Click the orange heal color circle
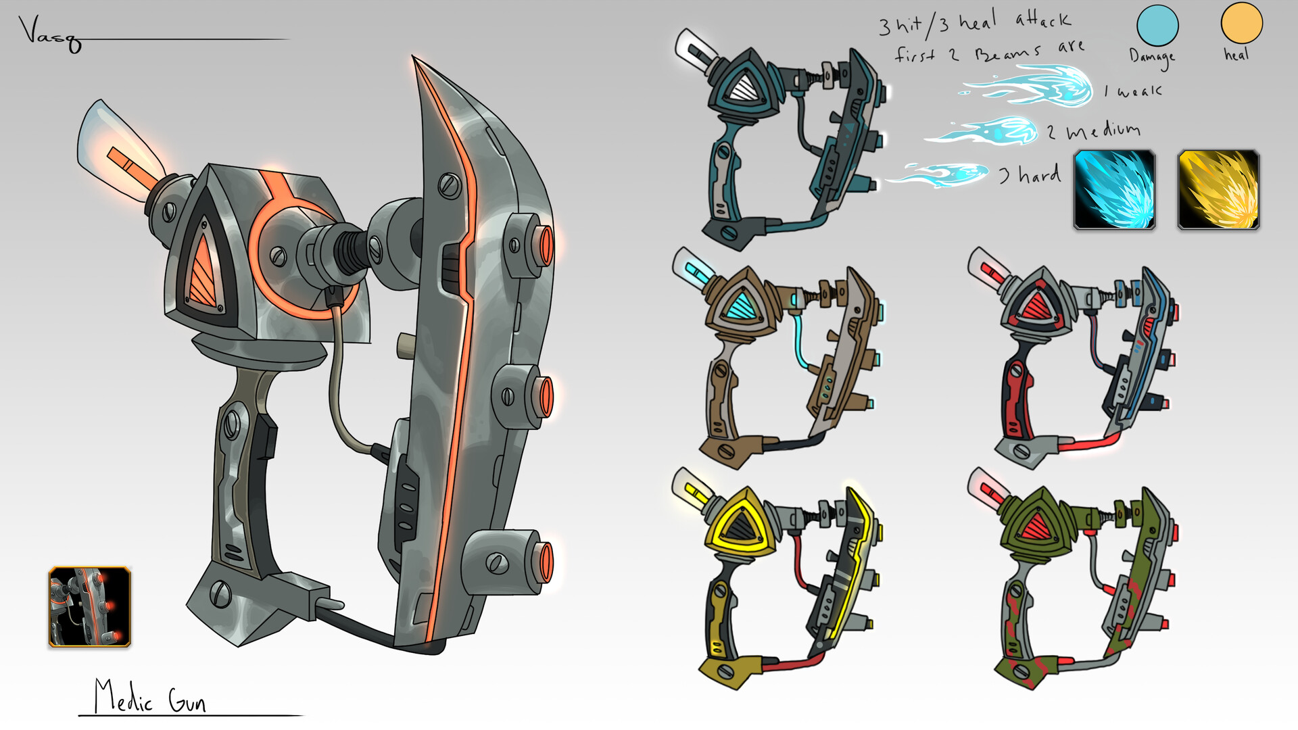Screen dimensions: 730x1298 click(x=1241, y=22)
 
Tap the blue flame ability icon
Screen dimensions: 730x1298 click(x=1114, y=190)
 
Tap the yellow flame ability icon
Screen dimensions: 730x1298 click(x=1218, y=190)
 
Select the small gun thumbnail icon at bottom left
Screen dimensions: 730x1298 click(x=89, y=607)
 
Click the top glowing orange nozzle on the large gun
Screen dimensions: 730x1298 click(x=543, y=246)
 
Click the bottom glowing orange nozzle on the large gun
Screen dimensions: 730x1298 click(x=543, y=562)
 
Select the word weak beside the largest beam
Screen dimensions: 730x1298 click(x=1140, y=91)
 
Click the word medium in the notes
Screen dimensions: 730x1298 click(x=1103, y=130)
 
